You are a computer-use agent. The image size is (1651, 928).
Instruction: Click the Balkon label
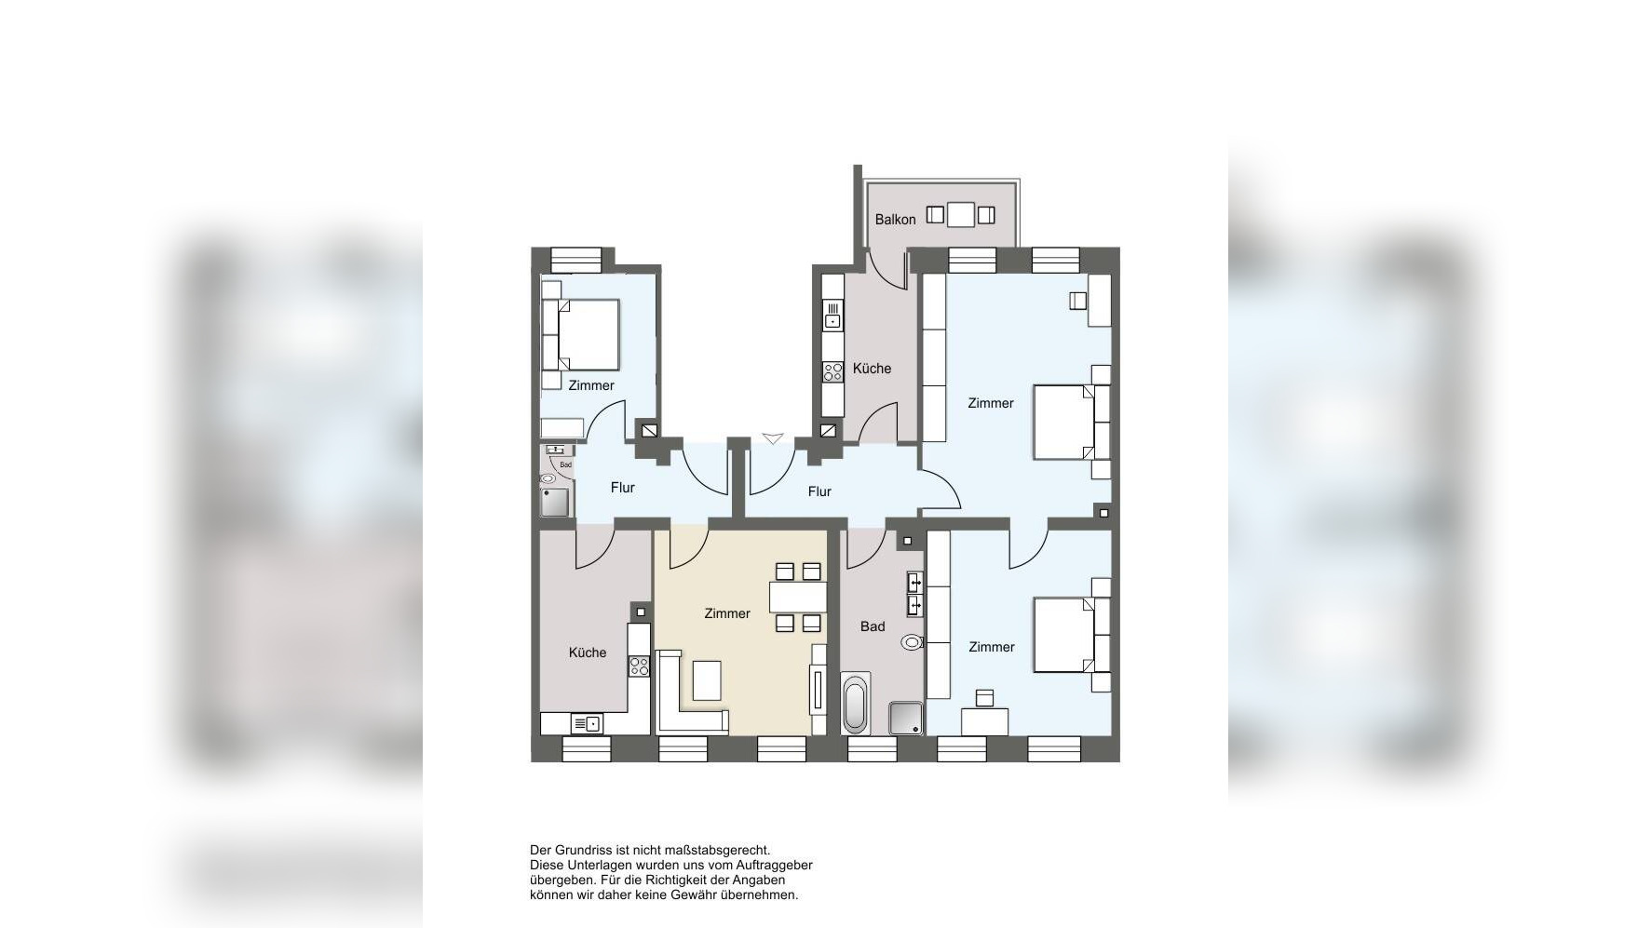pyautogui.click(x=895, y=220)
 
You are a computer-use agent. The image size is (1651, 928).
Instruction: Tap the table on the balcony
pyautogui.click(x=961, y=215)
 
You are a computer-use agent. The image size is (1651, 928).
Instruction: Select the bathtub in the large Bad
pyautogui.click(x=856, y=704)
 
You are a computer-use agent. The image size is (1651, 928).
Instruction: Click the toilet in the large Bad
pyautogui.click(x=912, y=641)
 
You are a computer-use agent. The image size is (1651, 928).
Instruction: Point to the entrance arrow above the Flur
pyautogui.click(x=773, y=437)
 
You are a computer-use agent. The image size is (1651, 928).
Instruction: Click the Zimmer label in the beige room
pyautogui.click(x=727, y=613)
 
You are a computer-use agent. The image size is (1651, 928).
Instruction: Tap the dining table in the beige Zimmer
pyautogui.click(x=798, y=597)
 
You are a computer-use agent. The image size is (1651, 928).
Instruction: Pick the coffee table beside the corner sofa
pyautogui.click(x=707, y=680)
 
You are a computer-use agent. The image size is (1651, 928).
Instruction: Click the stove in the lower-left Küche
pyautogui.click(x=639, y=666)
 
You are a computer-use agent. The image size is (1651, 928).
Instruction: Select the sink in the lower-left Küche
pyautogui.click(x=587, y=723)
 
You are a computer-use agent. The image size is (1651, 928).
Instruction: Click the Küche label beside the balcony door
pyautogui.click(x=872, y=369)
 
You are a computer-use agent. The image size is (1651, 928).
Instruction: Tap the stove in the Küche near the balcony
pyautogui.click(x=832, y=372)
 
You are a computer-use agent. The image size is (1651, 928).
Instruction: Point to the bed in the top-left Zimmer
pyautogui.click(x=581, y=334)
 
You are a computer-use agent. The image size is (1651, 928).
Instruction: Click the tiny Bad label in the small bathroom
pyautogui.click(x=565, y=464)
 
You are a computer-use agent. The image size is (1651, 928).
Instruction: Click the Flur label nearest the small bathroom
pyautogui.click(x=623, y=488)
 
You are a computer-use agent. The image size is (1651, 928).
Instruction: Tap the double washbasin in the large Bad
pyautogui.click(x=915, y=594)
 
